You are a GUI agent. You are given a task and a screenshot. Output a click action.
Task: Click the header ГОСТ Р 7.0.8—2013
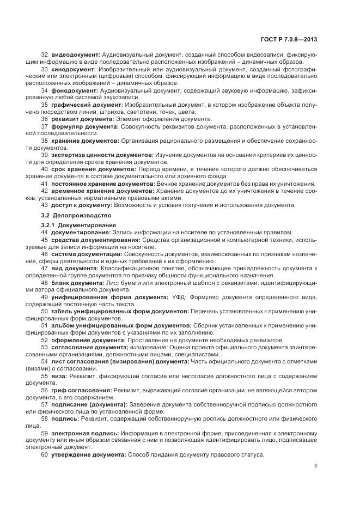click(x=289, y=40)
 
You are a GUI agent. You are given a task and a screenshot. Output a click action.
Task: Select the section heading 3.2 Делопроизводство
click(x=71, y=216)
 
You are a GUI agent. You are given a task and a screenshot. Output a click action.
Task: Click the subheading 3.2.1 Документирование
click(x=77, y=225)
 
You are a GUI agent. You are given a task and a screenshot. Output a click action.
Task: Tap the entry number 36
click(x=45, y=119)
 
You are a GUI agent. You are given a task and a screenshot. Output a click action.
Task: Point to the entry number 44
click(x=45, y=233)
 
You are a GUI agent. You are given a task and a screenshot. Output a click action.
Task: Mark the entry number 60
click(x=45, y=454)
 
